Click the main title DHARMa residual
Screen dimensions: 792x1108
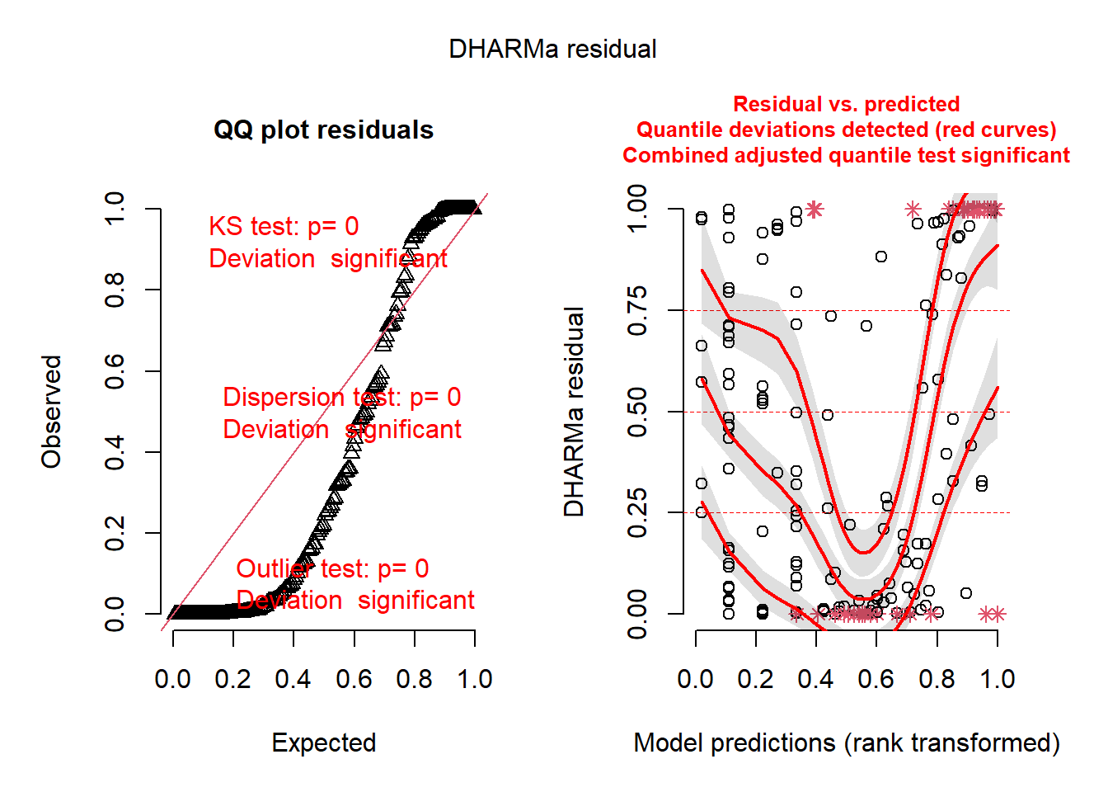[x=552, y=49]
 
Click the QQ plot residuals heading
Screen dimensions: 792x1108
[x=323, y=130]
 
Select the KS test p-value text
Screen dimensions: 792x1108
[x=284, y=227]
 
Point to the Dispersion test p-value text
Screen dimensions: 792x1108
[x=341, y=398]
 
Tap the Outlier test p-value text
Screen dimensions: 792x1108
[x=332, y=569]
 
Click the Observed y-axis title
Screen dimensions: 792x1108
[x=52, y=412]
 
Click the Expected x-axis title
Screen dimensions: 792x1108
[x=323, y=742]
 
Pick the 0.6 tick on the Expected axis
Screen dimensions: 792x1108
[x=354, y=679]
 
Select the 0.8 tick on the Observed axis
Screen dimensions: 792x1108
[x=115, y=290]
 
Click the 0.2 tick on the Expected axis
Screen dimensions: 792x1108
[x=232, y=679]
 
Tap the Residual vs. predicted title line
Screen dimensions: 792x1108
[x=846, y=104]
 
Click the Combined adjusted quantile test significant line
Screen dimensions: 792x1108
[x=846, y=156]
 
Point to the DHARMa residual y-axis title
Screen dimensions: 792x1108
[x=574, y=412]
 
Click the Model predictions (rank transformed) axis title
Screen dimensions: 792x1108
[x=846, y=742]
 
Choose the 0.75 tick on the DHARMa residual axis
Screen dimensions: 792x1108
[x=637, y=311]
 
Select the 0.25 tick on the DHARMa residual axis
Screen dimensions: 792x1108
[x=637, y=513]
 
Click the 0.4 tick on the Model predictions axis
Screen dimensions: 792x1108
[x=816, y=679]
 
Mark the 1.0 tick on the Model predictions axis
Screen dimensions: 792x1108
[x=997, y=679]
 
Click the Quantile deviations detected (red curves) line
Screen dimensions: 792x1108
[x=846, y=130]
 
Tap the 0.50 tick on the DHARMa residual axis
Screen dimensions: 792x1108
[x=637, y=412]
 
